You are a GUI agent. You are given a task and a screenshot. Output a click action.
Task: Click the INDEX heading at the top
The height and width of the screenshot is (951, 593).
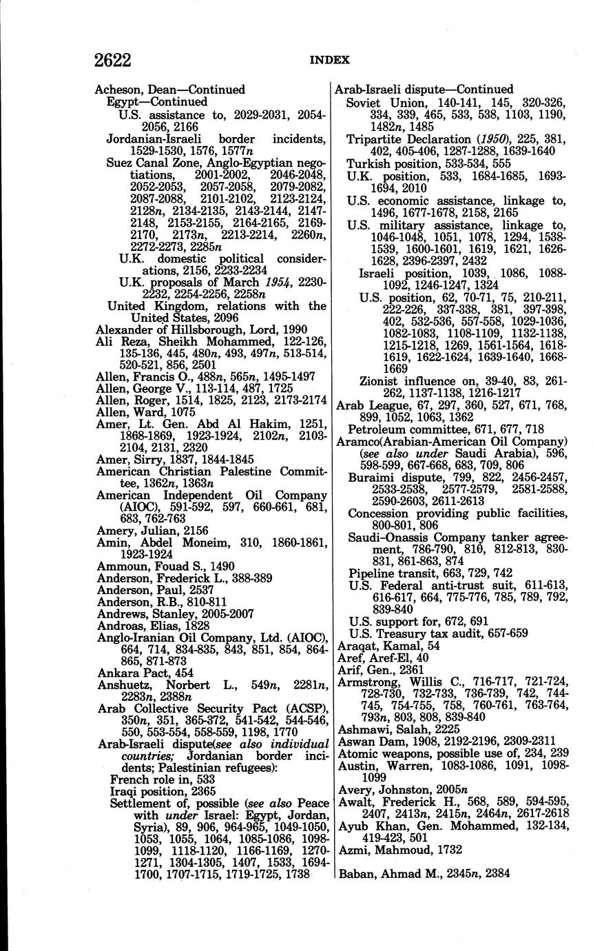(329, 61)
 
